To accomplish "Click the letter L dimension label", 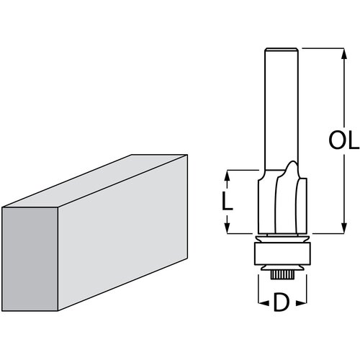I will click(x=228, y=202).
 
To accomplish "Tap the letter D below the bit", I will click(x=283, y=304).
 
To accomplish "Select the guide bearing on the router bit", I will click(x=282, y=254).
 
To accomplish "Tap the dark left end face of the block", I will click(x=28, y=258).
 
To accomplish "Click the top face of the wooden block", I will click(x=94, y=180).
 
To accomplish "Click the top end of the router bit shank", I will click(x=282, y=50).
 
